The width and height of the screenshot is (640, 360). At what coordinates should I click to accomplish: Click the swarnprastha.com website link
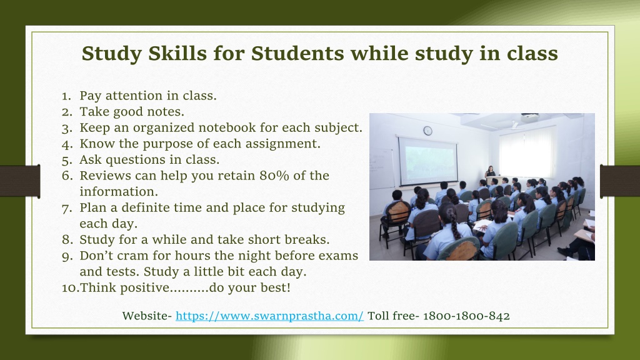pos(269,316)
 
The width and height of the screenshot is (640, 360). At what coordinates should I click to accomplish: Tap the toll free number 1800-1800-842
pos(466,316)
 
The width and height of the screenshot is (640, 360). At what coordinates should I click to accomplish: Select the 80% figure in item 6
pos(274,176)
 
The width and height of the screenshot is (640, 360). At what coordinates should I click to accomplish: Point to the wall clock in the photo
pos(427,131)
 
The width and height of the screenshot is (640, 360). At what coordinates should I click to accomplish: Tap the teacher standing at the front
pos(490,172)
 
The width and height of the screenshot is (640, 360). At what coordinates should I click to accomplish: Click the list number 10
pos(70,287)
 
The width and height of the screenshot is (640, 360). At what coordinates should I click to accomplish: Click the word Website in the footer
pos(145,316)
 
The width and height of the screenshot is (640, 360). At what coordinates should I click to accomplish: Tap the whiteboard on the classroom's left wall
pos(381,168)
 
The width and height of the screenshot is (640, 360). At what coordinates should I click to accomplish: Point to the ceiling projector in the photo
pos(530,118)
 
